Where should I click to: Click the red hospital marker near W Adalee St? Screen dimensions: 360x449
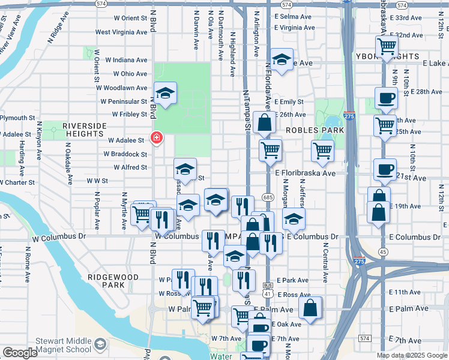coord(156,139)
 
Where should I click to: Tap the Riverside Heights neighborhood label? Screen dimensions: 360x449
coord(83,129)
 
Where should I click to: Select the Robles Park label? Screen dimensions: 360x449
coord(315,130)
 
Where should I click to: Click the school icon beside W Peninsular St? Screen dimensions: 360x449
coord(165,94)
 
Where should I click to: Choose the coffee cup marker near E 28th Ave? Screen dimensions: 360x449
coord(386,97)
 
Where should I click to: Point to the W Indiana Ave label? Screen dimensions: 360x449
coord(126,60)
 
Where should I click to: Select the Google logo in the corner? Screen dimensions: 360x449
coord(20,353)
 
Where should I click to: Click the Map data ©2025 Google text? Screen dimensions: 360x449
coord(412,355)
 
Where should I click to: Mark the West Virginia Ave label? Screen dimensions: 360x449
coord(121,32)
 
